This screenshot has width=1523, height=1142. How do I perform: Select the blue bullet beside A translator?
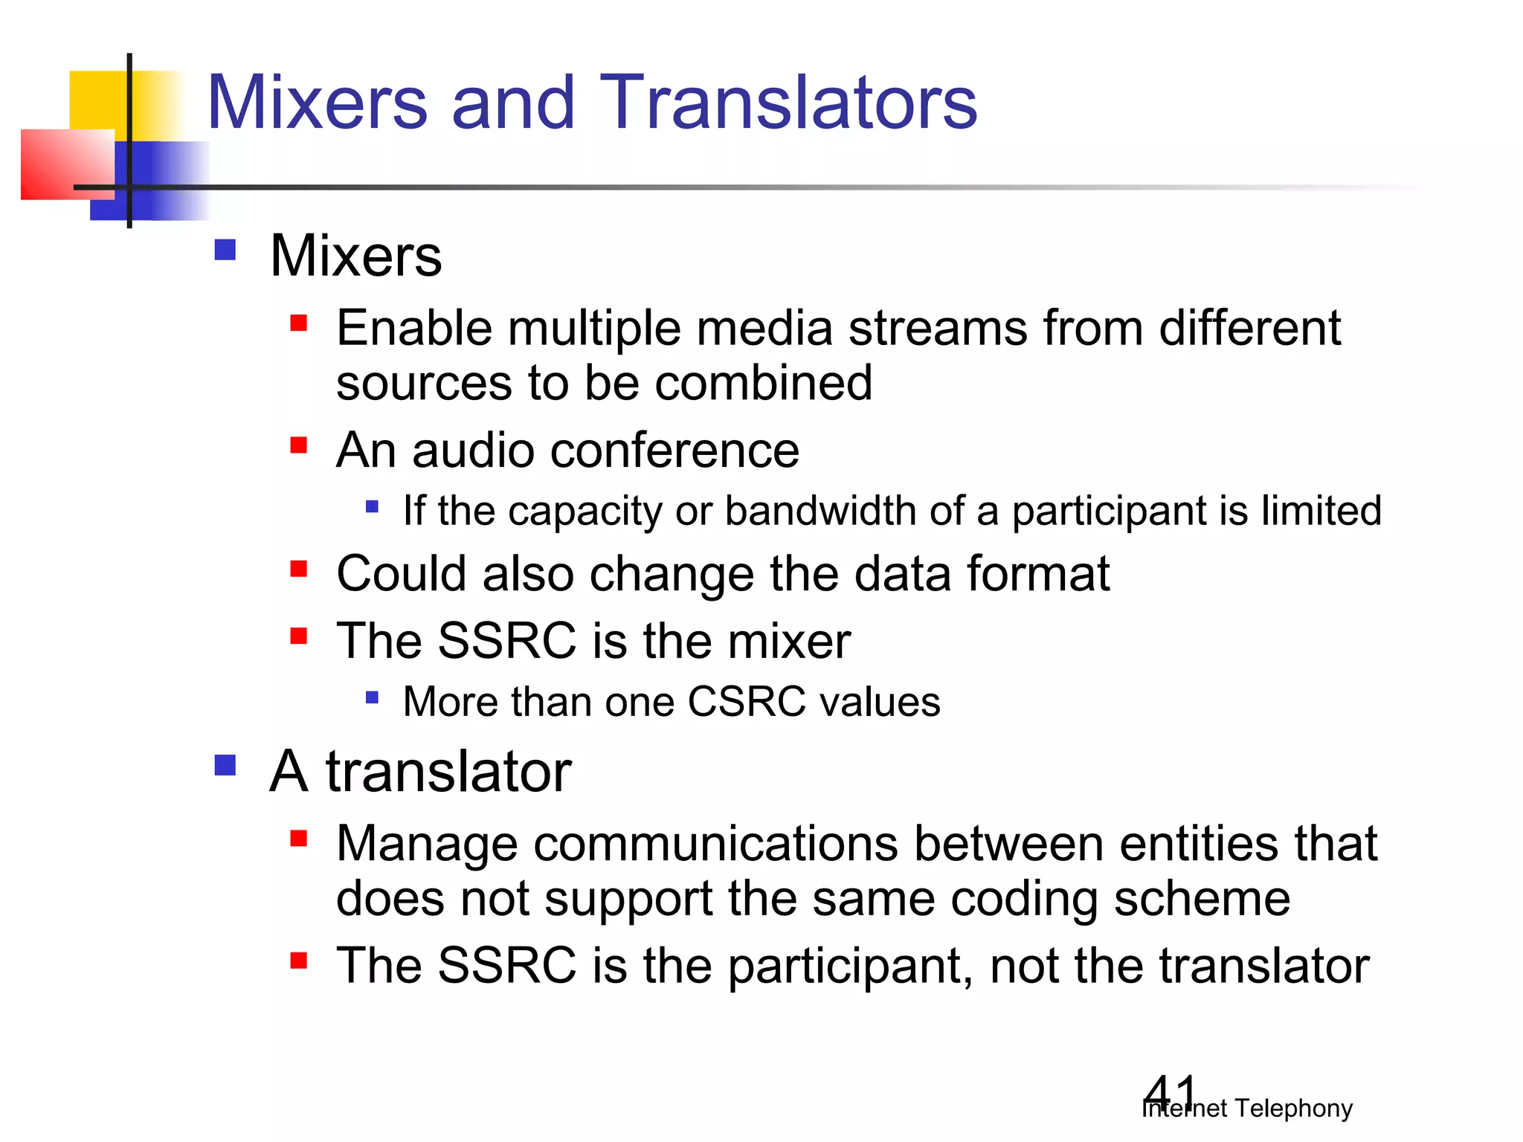pos(225,765)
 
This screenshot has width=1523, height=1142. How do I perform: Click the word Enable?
pos(413,328)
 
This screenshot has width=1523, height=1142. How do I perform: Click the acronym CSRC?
pos(746,702)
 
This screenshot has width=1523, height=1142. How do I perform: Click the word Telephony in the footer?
pos(1293,1109)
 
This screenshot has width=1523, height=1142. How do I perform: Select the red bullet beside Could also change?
pos(299,570)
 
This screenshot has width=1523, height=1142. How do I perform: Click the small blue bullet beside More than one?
pos(372,697)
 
